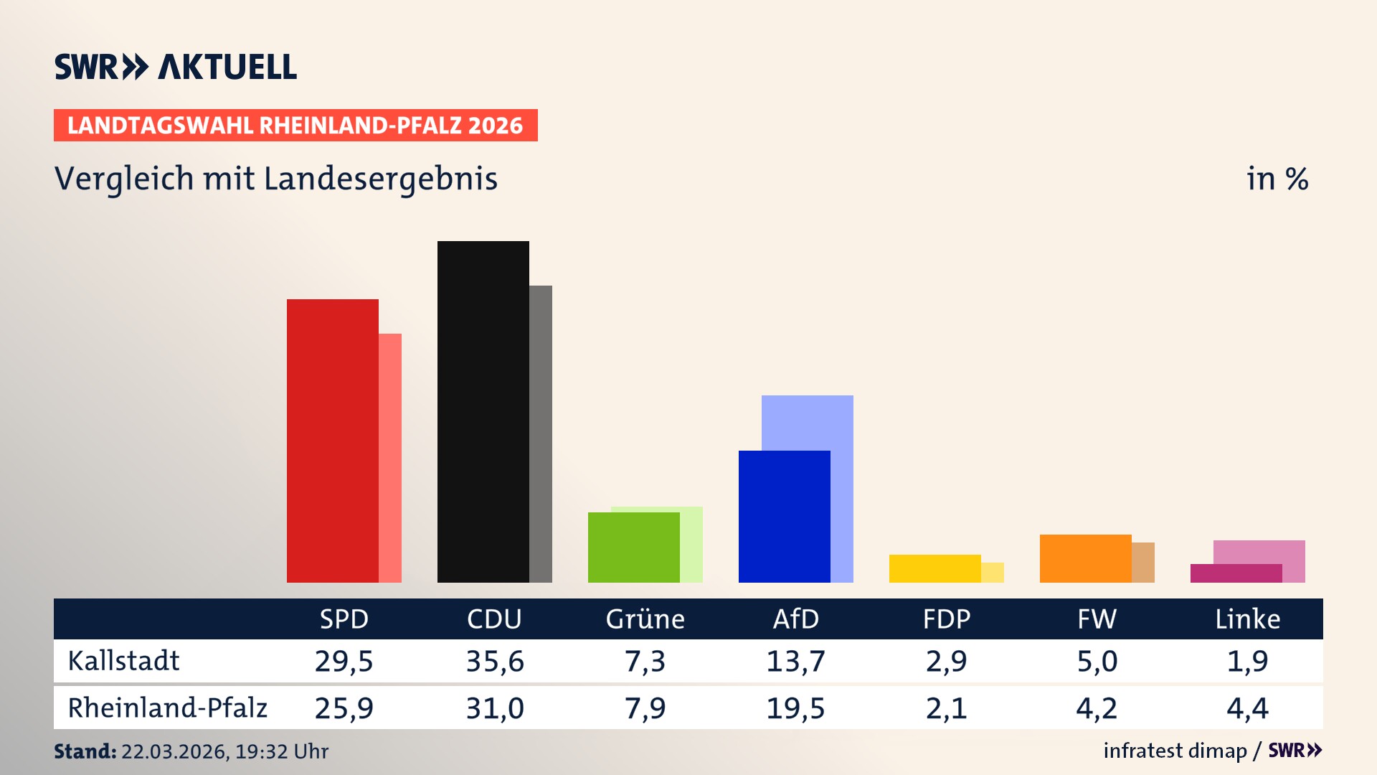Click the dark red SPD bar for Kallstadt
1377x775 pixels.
(x=332, y=441)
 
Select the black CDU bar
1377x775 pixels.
(x=483, y=412)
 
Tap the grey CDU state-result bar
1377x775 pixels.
(x=541, y=433)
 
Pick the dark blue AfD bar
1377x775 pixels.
(x=784, y=517)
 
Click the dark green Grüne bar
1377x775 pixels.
(x=633, y=547)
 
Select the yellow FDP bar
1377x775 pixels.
(x=934, y=568)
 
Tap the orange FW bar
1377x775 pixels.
(x=1085, y=558)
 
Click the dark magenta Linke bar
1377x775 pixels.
(x=1236, y=573)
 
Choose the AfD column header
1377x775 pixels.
(x=795, y=619)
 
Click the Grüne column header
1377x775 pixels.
(x=645, y=619)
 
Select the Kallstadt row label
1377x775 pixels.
(x=123, y=661)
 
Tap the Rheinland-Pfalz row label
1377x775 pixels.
(x=167, y=708)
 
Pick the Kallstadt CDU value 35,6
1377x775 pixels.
(x=495, y=661)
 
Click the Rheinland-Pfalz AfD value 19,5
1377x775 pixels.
(x=795, y=708)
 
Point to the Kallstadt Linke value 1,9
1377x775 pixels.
(x=1247, y=661)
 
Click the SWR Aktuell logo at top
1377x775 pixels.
(x=176, y=67)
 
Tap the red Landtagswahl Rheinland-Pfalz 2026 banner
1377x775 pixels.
(x=295, y=126)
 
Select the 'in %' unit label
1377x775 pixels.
(x=1277, y=179)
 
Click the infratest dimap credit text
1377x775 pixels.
(x=1175, y=751)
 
